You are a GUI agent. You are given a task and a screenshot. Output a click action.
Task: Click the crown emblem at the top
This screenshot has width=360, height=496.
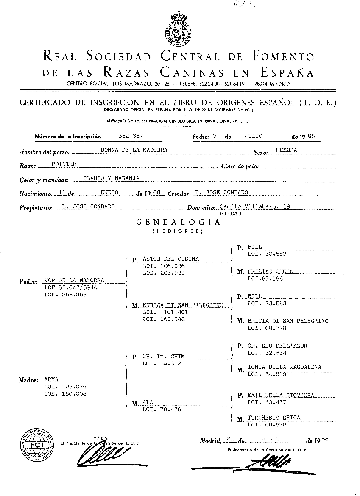[179, 29]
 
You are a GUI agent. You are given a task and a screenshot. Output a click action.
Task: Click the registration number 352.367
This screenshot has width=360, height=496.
[132, 136]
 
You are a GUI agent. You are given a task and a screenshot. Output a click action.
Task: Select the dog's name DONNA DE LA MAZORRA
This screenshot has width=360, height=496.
[134, 150]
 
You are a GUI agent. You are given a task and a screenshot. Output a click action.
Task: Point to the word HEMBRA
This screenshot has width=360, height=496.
[286, 150]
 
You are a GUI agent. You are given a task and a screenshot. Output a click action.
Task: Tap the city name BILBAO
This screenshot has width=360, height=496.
[231, 214]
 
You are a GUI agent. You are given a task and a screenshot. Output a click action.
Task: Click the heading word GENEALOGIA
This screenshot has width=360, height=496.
[178, 222]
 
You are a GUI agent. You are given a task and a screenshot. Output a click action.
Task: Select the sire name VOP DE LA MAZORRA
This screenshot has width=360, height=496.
[74, 281]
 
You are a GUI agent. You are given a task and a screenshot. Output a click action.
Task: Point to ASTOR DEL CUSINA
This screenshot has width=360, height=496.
[171, 259]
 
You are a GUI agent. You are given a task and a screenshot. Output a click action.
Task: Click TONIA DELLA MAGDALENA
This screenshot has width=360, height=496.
[285, 367]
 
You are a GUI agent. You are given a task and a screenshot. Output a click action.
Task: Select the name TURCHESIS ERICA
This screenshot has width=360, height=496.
[274, 418]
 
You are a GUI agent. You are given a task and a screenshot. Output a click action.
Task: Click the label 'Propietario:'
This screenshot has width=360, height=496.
[36, 208]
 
